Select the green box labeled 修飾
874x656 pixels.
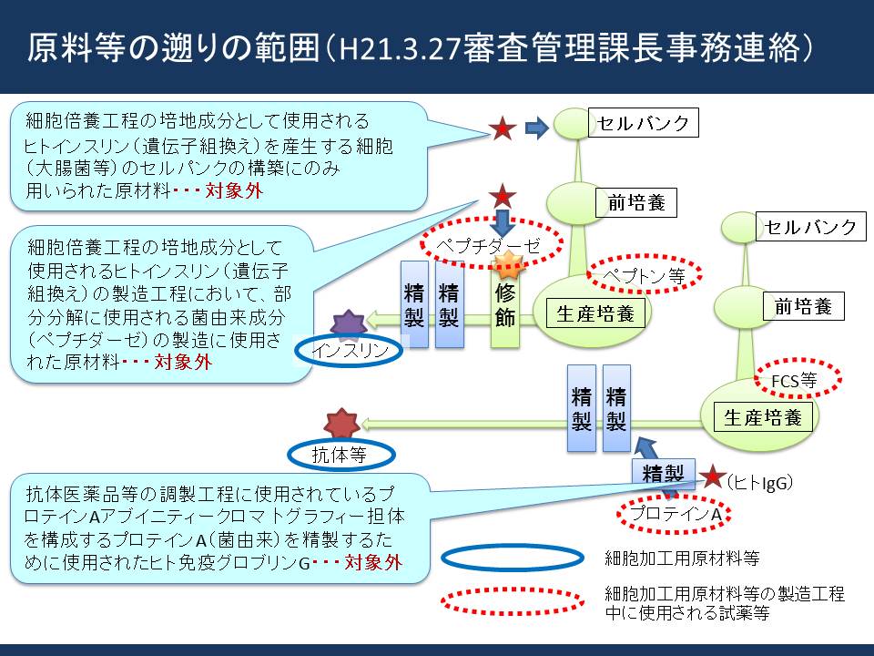pyautogui.click(x=505, y=305)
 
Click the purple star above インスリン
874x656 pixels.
pyautogui.click(x=349, y=324)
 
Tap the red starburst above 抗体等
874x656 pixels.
pyautogui.click(x=341, y=424)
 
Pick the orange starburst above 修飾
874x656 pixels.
pyautogui.click(x=508, y=264)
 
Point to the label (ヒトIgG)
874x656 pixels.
pyautogui.click(x=759, y=483)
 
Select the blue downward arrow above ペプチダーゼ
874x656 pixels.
pyautogui.click(x=503, y=222)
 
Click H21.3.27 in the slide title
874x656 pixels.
pyautogui.click(x=399, y=49)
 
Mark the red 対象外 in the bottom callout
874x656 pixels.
pyautogui.click(x=373, y=562)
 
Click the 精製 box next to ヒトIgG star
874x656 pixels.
pyautogui.click(x=664, y=474)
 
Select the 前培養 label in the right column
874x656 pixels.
pyautogui.click(x=803, y=306)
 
